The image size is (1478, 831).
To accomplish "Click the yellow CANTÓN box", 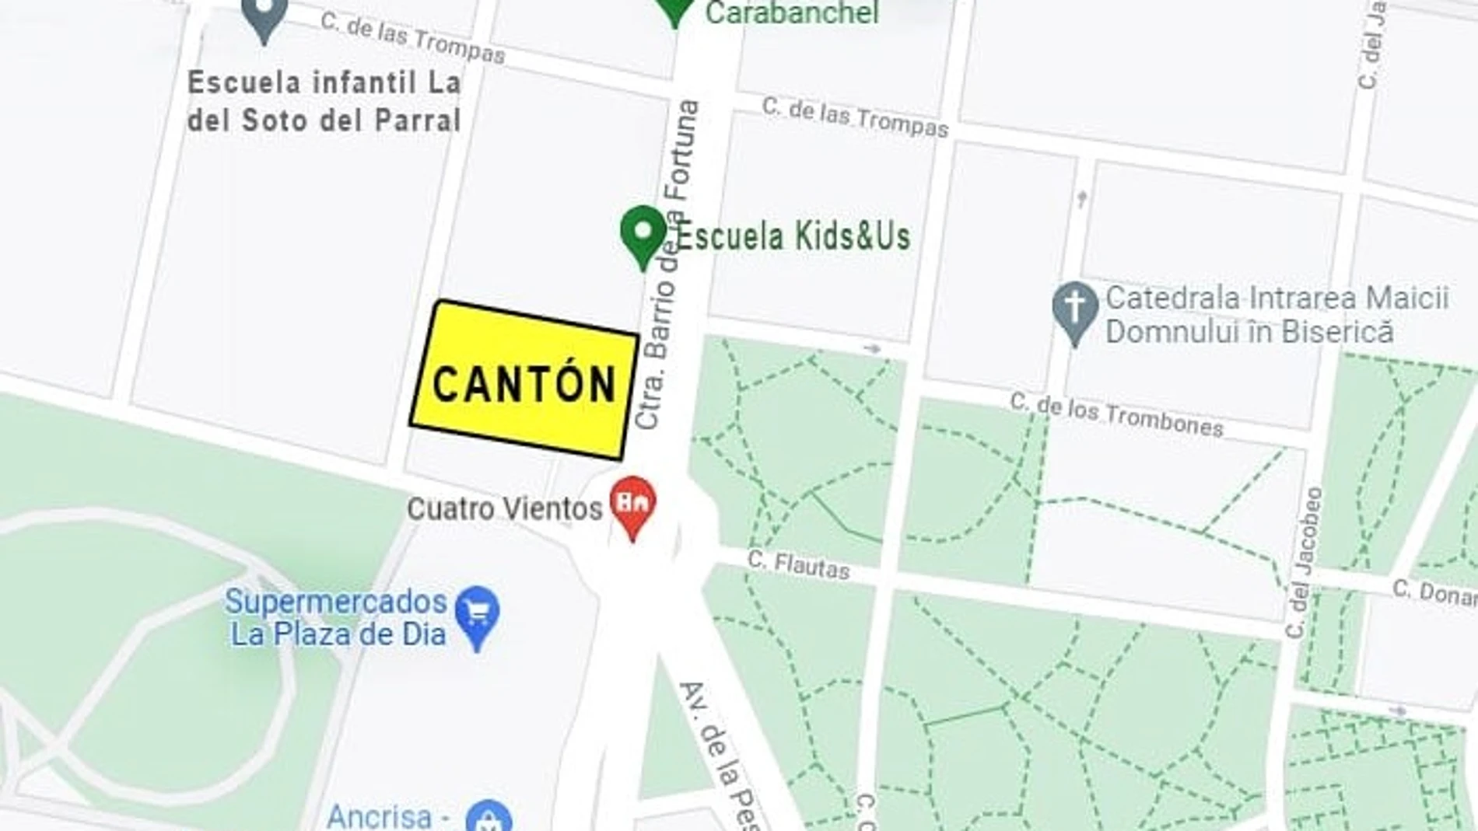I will [x=524, y=379].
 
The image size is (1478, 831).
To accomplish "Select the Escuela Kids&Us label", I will [x=793, y=236].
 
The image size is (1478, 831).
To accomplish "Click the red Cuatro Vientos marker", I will [x=632, y=505].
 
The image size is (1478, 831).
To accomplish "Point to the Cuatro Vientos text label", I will [x=505, y=509].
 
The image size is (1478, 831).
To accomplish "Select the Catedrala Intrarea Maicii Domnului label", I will [x=1276, y=315].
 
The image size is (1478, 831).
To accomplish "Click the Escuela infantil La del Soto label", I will [x=324, y=101].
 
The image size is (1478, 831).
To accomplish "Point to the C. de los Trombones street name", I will [x=1116, y=415].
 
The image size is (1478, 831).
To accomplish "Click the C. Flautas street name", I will [x=798, y=564].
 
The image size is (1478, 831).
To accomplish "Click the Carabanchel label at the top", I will [x=791, y=13].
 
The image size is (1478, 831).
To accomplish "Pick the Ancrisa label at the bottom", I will [x=379, y=816].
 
